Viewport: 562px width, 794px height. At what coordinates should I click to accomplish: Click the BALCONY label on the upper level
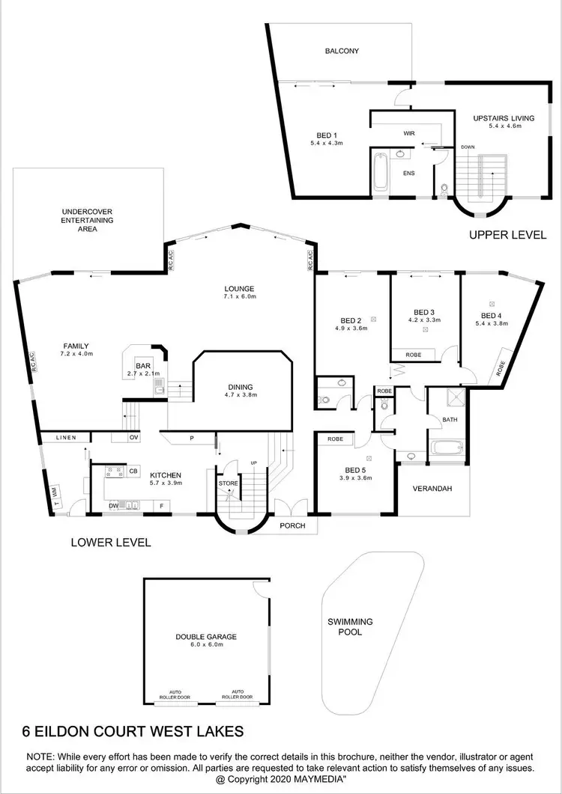click(342, 52)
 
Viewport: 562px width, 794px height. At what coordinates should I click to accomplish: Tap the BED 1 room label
click(325, 135)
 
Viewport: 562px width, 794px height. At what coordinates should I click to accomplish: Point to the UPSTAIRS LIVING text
click(493, 118)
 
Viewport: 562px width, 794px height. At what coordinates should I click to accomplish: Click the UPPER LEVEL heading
click(507, 234)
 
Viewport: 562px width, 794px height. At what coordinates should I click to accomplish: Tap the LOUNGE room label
click(240, 288)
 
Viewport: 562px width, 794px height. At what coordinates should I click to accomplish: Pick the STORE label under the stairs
click(229, 484)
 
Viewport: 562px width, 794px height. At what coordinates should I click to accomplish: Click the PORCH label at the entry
click(292, 525)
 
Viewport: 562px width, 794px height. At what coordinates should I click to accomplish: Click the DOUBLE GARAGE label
click(206, 636)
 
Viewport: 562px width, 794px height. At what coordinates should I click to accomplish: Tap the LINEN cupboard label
click(64, 437)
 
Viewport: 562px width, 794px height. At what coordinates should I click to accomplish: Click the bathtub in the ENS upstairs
click(379, 172)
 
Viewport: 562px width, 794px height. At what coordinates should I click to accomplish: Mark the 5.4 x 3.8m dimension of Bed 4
click(492, 324)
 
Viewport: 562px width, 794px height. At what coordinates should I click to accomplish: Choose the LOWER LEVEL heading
click(111, 542)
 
